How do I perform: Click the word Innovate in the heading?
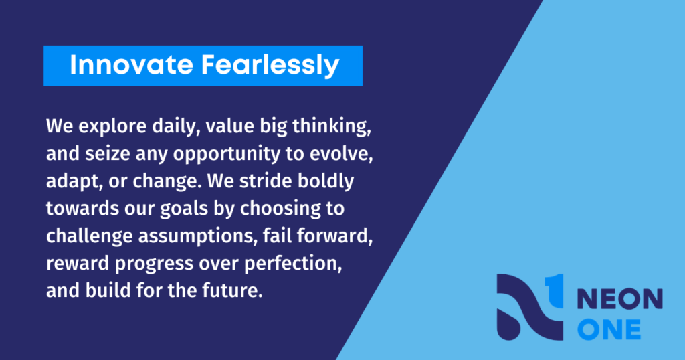pos(132,65)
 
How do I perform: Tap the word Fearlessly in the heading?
pos(270,66)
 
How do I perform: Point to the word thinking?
pos(332,126)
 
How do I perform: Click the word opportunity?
pos(227,155)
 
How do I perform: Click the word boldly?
pos(326,182)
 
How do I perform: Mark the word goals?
pos(183,209)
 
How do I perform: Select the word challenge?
pos(90,236)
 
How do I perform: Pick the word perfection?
pos(293,264)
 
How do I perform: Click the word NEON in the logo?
pos(620,299)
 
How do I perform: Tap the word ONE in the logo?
pos(609,329)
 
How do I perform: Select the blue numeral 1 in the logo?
pos(554,290)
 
